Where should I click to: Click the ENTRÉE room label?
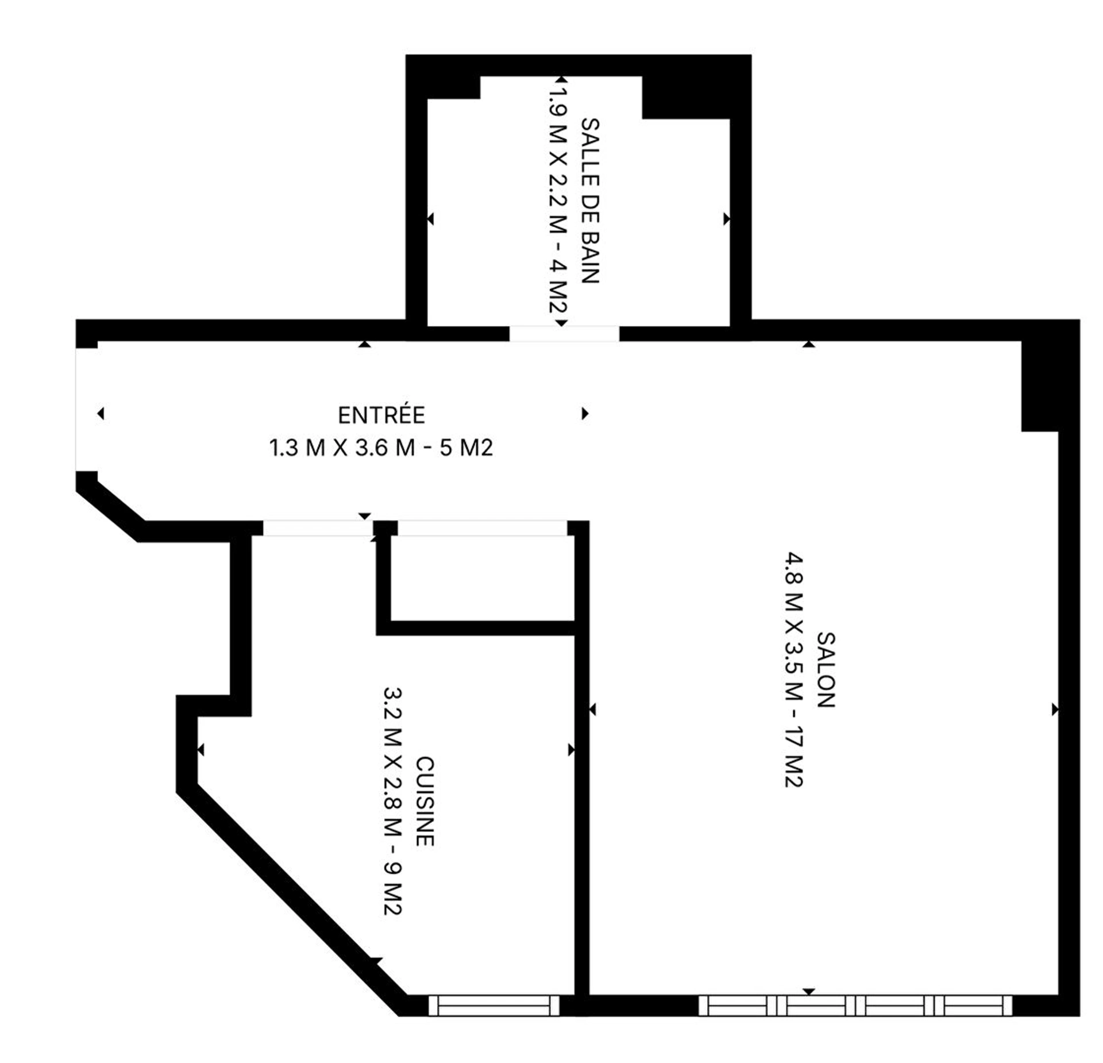coord(381,415)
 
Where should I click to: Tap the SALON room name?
coord(826,669)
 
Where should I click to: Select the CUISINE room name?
coord(425,802)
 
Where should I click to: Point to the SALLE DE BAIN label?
coord(590,201)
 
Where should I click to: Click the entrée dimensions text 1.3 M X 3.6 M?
coord(342,448)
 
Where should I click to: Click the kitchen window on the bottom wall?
coord(493,1006)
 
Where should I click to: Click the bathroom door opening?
coord(564,333)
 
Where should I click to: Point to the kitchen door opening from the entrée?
coord(318,528)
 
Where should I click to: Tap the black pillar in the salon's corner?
coord(1040,386)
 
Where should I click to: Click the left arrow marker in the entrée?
coord(101,413)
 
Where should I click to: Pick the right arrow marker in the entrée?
coord(585,413)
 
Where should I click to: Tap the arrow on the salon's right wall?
coord(1055,710)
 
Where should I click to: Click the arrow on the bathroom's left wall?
coord(430,219)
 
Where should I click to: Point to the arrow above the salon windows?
coord(809,992)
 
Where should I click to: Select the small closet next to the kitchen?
coord(483,578)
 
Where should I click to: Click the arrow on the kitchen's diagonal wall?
coord(376,961)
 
